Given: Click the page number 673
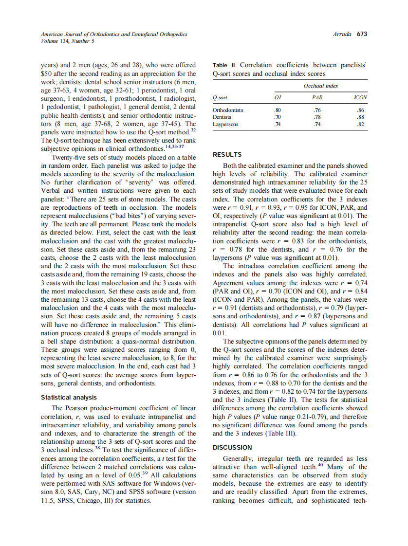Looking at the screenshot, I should coord(362,34).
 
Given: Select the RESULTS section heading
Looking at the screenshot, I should coord(227,155).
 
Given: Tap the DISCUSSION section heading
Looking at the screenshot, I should coord(232,447).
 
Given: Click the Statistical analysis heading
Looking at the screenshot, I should coord(69,398).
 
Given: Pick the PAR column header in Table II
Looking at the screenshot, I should coord(317,97).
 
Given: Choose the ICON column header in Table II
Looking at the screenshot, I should coord(361,97).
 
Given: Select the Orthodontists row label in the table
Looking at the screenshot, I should coord(228,110).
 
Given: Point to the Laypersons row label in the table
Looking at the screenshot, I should coord(225,125).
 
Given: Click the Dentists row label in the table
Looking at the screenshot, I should coord(222,117).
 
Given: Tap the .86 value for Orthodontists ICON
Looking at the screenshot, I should coord(361,110).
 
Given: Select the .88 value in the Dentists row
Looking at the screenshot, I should coord(361,117).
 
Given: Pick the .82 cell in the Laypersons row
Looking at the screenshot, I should coord(361,125).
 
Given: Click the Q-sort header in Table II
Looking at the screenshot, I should coord(220,97).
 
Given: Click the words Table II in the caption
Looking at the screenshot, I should coord(224,65).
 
